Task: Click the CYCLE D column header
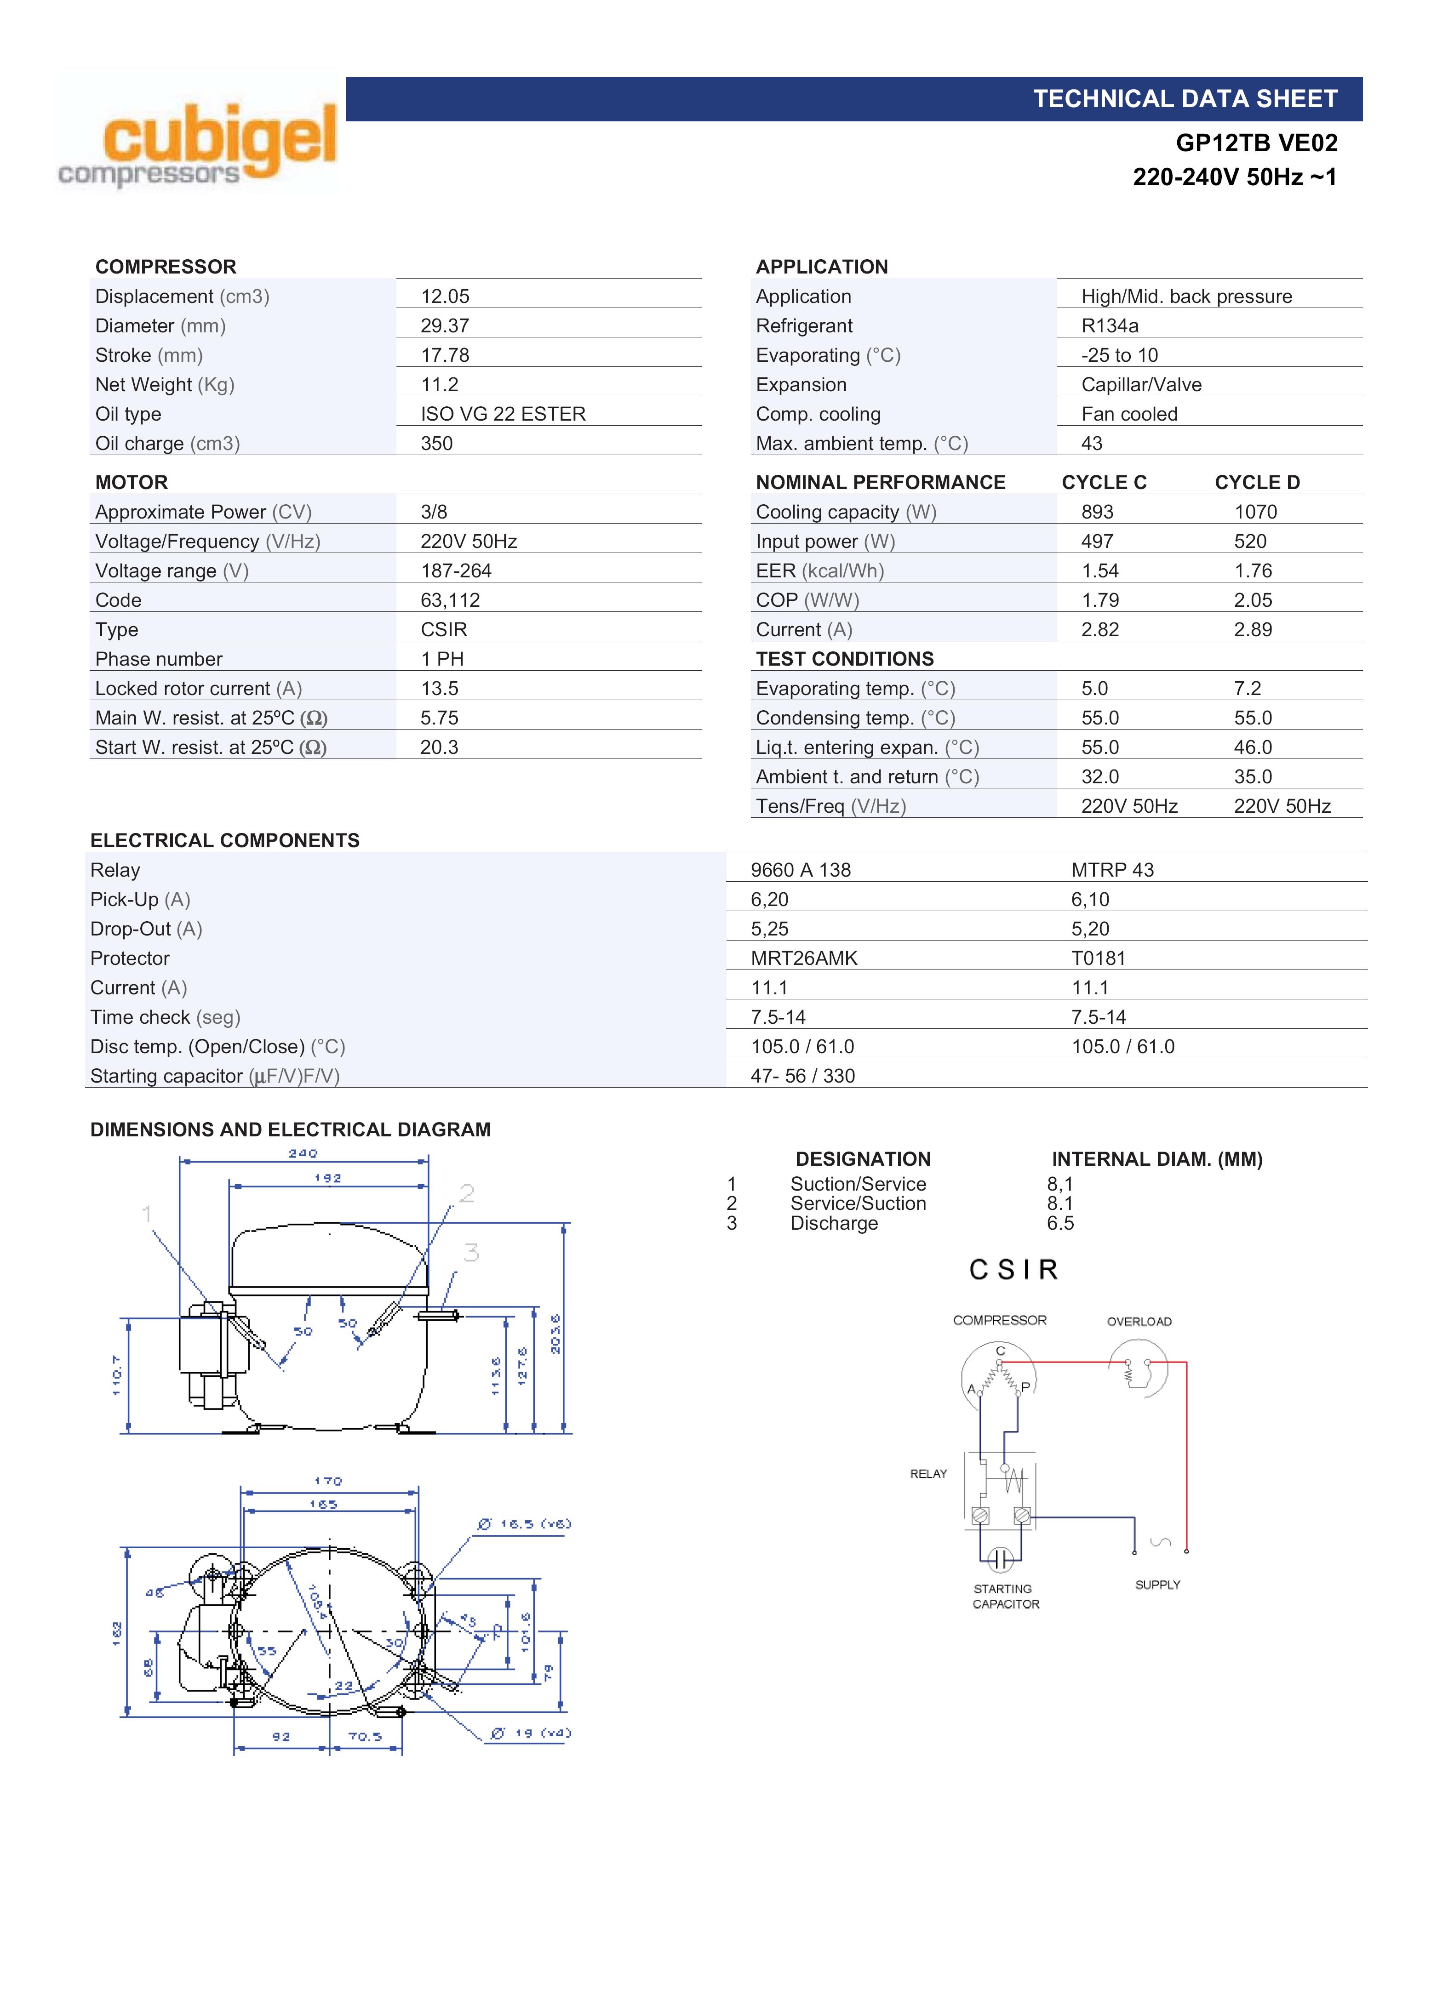pos(1257,482)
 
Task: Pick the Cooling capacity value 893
pos(1098,512)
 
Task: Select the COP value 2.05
pos(1253,600)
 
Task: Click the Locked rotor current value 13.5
pos(439,688)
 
